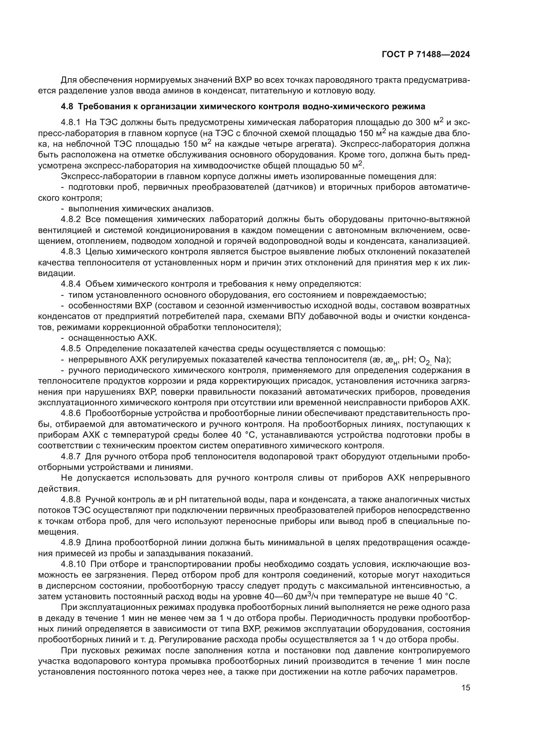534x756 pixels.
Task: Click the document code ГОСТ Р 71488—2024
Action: [426, 55]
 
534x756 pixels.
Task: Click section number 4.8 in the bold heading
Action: [67, 107]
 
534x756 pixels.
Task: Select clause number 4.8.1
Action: [71, 122]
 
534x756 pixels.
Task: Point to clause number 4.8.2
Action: [71, 219]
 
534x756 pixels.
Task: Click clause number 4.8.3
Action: [71, 252]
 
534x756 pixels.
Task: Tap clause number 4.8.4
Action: [71, 284]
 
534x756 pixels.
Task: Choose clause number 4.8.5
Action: [71, 348]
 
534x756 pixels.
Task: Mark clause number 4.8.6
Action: [71, 413]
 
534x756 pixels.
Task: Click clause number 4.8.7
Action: [71, 456]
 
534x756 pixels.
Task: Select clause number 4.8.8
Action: [71, 499]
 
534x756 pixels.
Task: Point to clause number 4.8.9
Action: [71, 542]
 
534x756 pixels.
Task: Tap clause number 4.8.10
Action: [73, 564]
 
